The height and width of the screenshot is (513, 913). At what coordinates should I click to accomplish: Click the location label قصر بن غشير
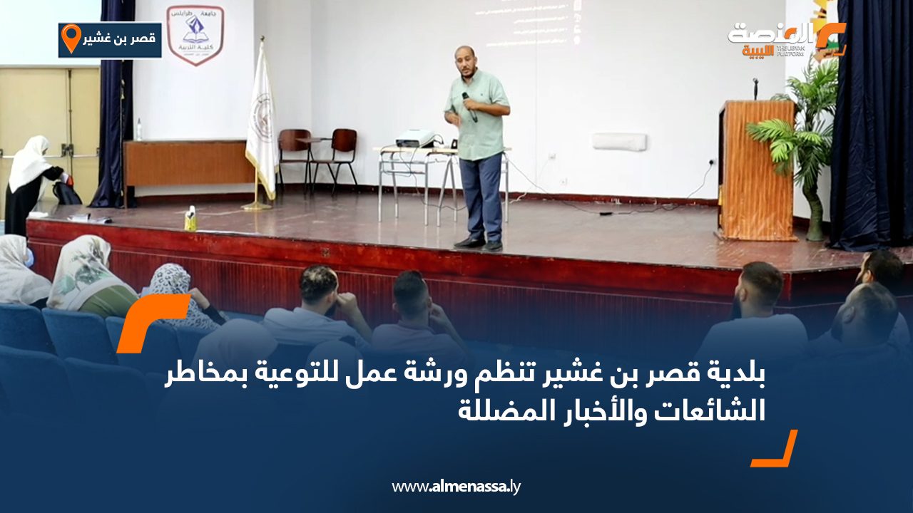tap(119, 40)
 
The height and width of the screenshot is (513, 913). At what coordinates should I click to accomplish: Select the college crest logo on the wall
tap(195, 34)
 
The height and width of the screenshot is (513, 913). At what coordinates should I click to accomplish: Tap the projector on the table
tap(415, 138)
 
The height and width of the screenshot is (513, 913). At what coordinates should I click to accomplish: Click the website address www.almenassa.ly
tap(456, 487)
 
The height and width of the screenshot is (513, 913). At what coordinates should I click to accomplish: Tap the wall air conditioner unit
tap(619, 142)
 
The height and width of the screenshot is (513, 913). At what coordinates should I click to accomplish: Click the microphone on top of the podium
tap(755, 88)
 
